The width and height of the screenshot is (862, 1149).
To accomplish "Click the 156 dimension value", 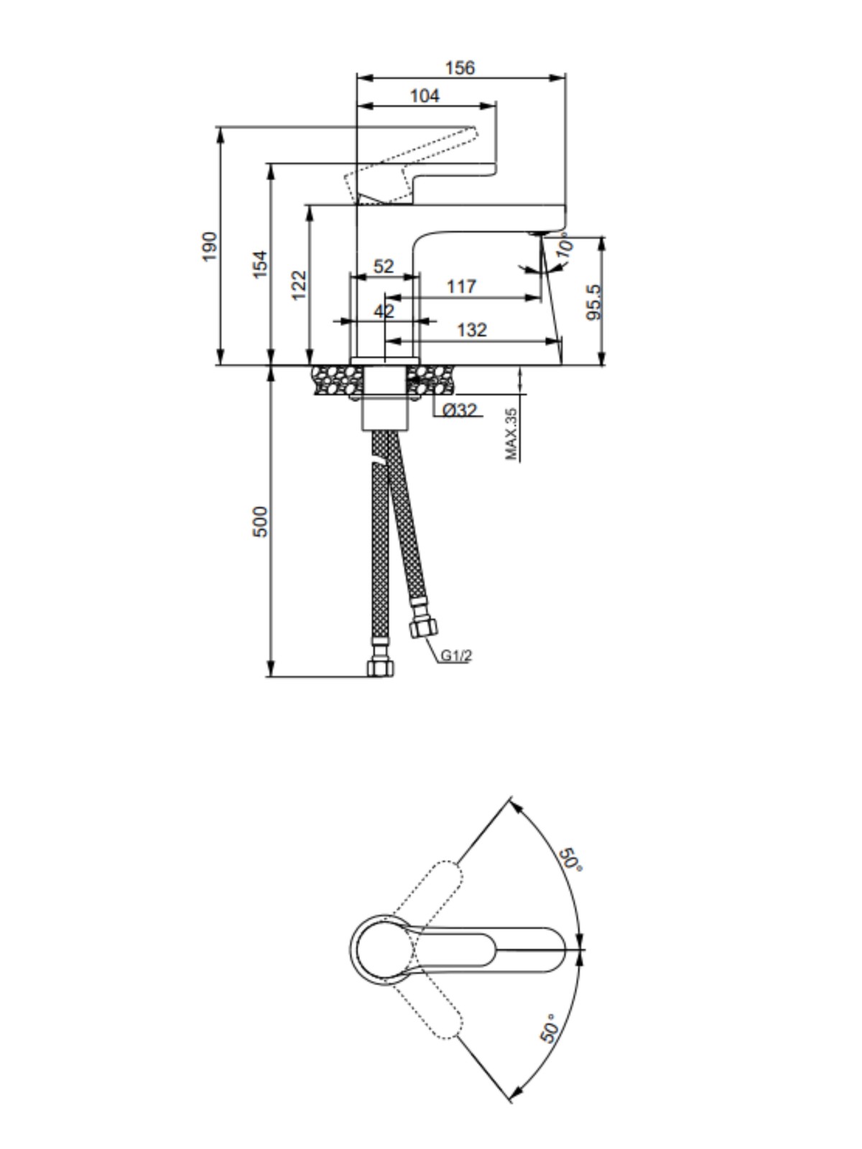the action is (x=460, y=68).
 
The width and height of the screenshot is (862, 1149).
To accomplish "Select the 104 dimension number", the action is (x=425, y=96).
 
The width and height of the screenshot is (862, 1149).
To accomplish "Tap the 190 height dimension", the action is (x=209, y=246).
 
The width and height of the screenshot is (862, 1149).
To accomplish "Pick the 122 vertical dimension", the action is (x=299, y=285).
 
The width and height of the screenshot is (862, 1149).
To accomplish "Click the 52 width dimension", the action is (x=384, y=266).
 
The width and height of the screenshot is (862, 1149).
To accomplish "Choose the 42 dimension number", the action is (x=384, y=312).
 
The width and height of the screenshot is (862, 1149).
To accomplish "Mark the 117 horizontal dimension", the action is (x=462, y=287).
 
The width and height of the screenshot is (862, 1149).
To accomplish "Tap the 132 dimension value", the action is (x=472, y=330).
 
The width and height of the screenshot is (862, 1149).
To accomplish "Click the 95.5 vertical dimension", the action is (x=593, y=302).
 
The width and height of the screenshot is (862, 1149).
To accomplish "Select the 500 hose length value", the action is (x=260, y=521).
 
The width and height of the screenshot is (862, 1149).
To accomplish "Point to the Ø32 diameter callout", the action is (x=460, y=410).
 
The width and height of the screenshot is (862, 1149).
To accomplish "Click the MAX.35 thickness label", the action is (x=511, y=434).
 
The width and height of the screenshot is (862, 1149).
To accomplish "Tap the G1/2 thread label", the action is (x=456, y=655).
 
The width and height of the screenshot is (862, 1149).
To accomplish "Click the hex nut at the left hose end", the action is (x=381, y=667).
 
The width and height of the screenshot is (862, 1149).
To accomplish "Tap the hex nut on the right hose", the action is (x=423, y=627).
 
